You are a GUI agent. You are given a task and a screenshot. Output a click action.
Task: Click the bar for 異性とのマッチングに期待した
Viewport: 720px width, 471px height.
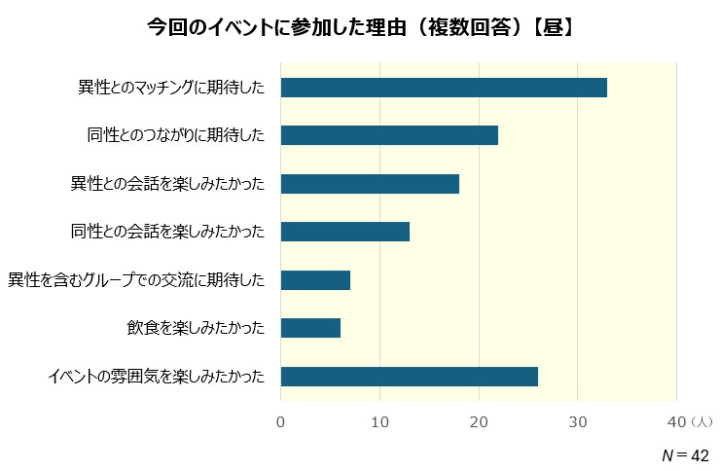(x=444, y=88)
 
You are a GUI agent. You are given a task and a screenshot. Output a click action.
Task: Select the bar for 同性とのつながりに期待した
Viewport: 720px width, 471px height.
(x=389, y=135)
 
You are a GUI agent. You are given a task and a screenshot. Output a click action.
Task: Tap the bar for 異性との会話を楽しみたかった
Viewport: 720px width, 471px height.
(x=370, y=184)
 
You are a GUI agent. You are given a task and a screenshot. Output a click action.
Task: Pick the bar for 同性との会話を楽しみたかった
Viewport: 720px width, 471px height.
(x=344, y=232)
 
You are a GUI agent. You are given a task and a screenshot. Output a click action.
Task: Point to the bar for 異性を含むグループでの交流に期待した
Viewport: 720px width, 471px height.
(x=315, y=280)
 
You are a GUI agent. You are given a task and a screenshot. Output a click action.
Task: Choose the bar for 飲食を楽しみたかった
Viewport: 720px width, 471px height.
(x=310, y=328)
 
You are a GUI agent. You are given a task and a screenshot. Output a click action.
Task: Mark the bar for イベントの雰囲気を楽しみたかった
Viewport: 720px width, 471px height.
(x=409, y=377)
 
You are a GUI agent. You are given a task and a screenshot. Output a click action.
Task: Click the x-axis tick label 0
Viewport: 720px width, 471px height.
(x=281, y=422)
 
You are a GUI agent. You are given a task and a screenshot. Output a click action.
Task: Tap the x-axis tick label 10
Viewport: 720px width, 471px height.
(x=379, y=422)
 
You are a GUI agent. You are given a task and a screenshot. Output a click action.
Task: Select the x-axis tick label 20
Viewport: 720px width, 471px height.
(x=479, y=422)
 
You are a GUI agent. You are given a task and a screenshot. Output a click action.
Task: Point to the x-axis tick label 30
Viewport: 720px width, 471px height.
(x=578, y=422)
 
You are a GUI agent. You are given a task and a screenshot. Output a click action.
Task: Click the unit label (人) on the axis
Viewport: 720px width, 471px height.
(x=702, y=422)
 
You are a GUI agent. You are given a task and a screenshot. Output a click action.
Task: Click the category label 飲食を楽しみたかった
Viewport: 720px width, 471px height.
(x=195, y=328)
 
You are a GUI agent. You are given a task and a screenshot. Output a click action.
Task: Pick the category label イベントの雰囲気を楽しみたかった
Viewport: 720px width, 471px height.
(x=156, y=377)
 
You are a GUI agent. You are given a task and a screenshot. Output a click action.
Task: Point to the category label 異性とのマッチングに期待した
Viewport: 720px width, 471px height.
(x=171, y=88)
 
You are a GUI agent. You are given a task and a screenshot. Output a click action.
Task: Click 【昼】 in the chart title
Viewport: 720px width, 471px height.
(x=553, y=26)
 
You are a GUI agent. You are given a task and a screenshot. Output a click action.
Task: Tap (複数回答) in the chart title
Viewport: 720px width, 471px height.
(x=467, y=26)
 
